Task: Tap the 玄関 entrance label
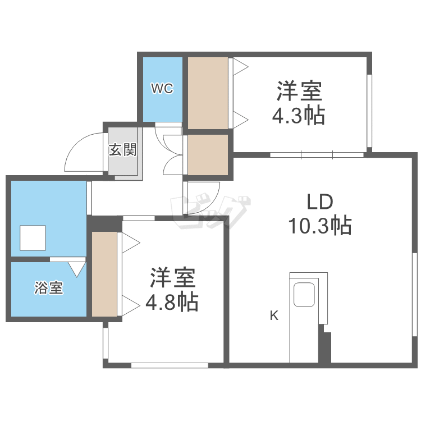click(122, 150)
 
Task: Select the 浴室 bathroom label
click(49, 289)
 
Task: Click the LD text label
click(319, 201)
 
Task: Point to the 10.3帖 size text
click(319, 226)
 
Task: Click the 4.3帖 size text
click(298, 116)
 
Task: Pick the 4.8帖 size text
click(172, 303)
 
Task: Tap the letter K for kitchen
click(274, 315)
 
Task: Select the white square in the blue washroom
click(33, 238)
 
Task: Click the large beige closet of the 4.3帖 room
click(208, 93)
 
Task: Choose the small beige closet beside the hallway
click(208, 154)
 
